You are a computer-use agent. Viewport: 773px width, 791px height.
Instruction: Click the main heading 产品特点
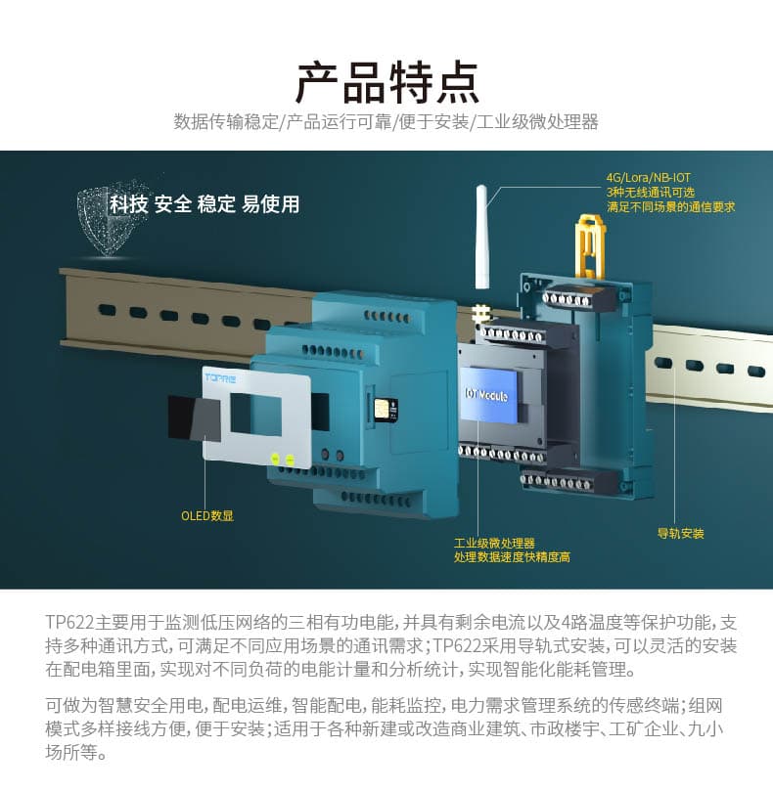(x=387, y=83)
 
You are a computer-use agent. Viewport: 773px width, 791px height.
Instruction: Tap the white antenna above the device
(x=481, y=237)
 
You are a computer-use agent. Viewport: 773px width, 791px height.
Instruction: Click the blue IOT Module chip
(x=488, y=395)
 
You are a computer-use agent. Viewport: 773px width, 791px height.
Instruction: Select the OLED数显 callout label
(x=207, y=515)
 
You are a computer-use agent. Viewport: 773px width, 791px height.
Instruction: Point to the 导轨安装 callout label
(x=680, y=533)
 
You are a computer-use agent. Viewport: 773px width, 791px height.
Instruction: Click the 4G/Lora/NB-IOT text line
(x=649, y=178)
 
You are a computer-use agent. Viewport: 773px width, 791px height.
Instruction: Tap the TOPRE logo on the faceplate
(x=219, y=377)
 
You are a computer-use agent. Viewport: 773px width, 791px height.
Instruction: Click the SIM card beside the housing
(x=386, y=408)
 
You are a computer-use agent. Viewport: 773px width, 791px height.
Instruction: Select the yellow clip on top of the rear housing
(x=590, y=245)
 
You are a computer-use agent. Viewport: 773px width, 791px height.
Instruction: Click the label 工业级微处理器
(x=494, y=543)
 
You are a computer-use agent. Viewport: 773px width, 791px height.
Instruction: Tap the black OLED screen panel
(x=194, y=418)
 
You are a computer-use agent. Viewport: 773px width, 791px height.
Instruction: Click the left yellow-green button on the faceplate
(x=275, y=459)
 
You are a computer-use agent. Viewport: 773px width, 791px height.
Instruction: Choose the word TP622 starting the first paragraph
(x=69, y=622)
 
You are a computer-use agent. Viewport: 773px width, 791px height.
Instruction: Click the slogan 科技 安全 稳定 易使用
(x=205, y=204)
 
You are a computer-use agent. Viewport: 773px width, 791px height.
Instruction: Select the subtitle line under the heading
(x=386, y=121)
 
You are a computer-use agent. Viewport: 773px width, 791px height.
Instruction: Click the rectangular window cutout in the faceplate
(x=256, y=415)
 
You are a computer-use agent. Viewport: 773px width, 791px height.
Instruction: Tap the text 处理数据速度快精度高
(x=512, y=557)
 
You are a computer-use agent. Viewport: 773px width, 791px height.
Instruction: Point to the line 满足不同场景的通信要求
(x=670, y=207)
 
